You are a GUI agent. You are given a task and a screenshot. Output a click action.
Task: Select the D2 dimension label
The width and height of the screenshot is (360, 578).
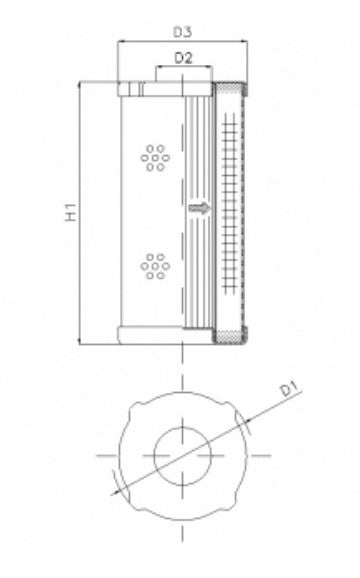(x=182, y=59)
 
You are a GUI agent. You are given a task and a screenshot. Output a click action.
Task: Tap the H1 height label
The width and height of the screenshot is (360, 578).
(x=71, y=212)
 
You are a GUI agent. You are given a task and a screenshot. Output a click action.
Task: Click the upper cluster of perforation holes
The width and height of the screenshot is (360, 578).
(x=154, y=157)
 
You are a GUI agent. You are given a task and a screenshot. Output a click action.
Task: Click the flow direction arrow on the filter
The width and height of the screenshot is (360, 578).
(x=200, y=209)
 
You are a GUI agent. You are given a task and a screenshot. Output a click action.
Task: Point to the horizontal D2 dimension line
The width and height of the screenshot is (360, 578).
(x=183, y=70)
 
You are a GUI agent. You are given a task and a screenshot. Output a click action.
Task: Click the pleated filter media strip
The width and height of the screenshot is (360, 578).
(x=200, y=150)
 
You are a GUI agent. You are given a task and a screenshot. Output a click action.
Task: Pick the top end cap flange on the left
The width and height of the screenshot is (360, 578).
(x=150, y=89)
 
